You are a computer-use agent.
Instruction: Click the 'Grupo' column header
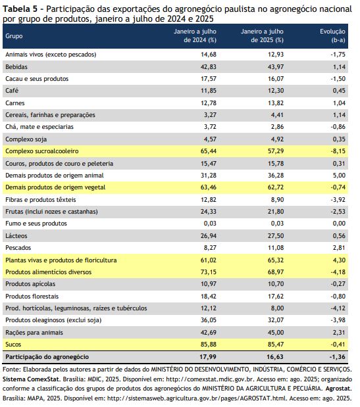(14, 36)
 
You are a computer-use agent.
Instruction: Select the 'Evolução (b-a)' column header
(332, 36)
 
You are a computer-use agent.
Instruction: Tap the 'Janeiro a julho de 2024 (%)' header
(195, 36)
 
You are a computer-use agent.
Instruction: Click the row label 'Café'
(12, 91)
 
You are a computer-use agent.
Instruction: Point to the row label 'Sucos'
(13, 345)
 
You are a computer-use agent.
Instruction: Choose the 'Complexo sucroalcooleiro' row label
(42, 151)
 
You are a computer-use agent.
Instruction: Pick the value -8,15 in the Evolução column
(338, 151)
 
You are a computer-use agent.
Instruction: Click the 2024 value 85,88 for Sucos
(209, 345)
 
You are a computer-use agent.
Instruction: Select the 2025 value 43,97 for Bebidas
(276, 67)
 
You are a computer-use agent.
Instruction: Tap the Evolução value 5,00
(339, 176)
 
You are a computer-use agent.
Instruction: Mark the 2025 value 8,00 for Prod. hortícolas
(277, 308)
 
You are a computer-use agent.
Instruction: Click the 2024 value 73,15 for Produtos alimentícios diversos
(209, 272)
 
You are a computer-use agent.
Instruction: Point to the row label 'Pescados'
(18, 248)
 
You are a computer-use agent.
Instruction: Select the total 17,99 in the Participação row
(208, 357)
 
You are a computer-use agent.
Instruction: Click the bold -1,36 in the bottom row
(338, 357)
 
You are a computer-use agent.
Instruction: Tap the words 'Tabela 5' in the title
(20, 9)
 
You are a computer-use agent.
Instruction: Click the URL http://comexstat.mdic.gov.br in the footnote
(210, 379)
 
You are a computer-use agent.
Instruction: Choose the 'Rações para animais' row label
(34, 333)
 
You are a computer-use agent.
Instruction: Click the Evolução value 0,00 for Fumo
(339, 224)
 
